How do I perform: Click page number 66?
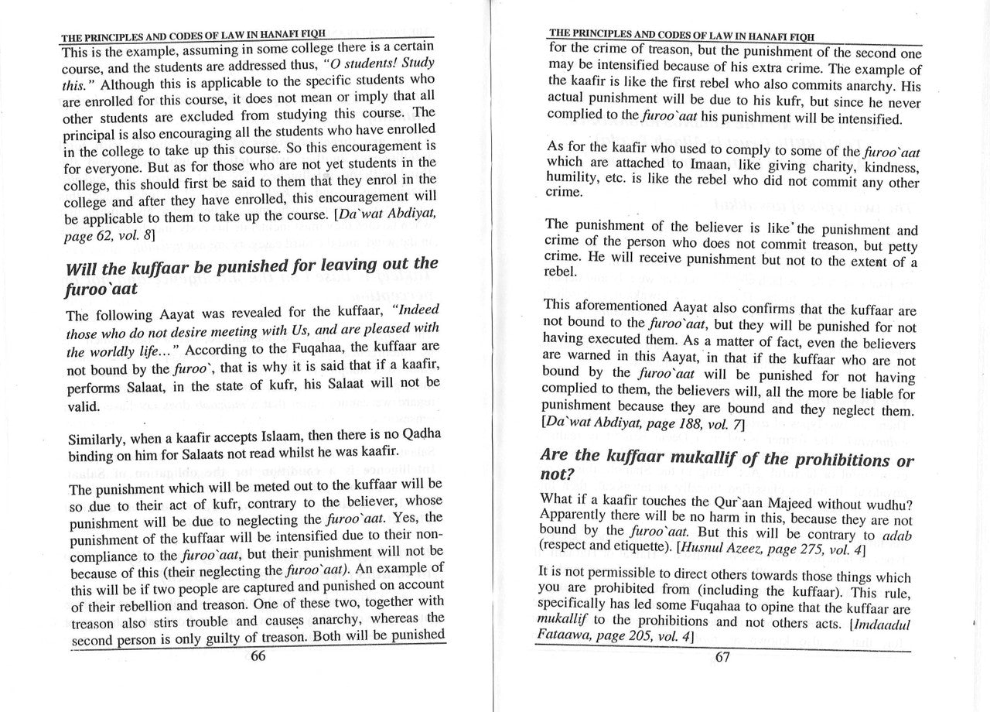258,656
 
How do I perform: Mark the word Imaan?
682,166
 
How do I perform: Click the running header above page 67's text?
681,34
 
